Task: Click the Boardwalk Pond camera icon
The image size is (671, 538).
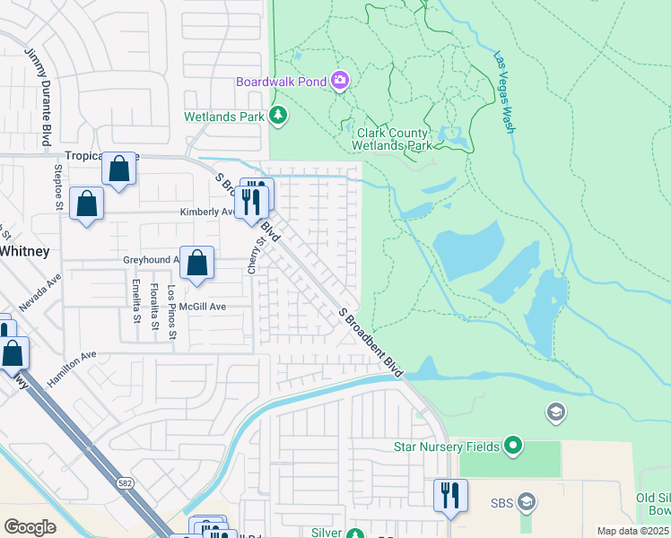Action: click(340, 82)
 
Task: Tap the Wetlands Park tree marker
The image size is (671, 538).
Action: click(279, 116)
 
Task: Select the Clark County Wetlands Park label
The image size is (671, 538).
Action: click(389, 139)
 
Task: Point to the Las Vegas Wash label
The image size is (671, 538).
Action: click(504, 92)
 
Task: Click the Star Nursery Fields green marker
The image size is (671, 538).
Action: click(512, 445)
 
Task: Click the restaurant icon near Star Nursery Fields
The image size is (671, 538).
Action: click(449, 495)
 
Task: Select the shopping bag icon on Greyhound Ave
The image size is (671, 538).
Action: click(196, 263)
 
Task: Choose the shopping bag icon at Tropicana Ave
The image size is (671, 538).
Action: click(118, 168)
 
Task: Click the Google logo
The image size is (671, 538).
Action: click(30, 527)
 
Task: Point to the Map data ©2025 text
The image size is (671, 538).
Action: click(632, 531)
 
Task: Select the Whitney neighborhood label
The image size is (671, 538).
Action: click(24, 251)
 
